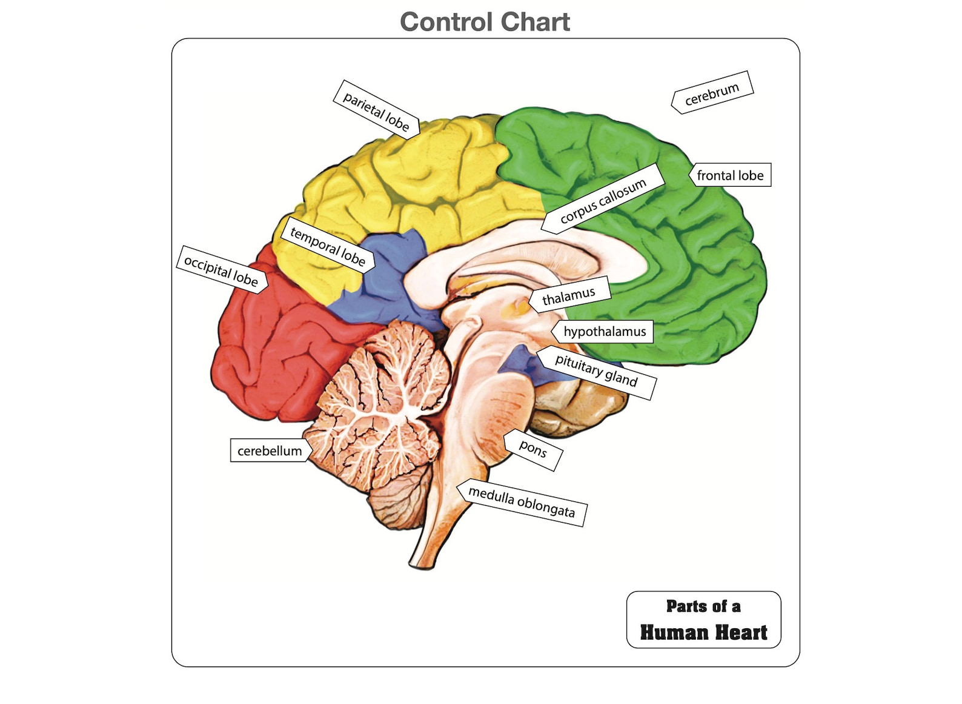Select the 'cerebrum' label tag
[712, 93]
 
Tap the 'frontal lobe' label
[730, 175]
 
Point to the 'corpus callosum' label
[603, 198]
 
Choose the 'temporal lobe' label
[328, 246]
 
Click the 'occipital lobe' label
[222, 270]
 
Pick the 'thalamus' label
[569, 296]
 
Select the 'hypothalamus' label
[604, 332]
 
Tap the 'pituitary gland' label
[596, 372]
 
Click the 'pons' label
[533, 449]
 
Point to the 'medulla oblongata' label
[522, 503]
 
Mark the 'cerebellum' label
[270, 451]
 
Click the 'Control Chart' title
[485, 22]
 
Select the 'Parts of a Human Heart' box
[703, 619]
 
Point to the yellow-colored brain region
[412, 176]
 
